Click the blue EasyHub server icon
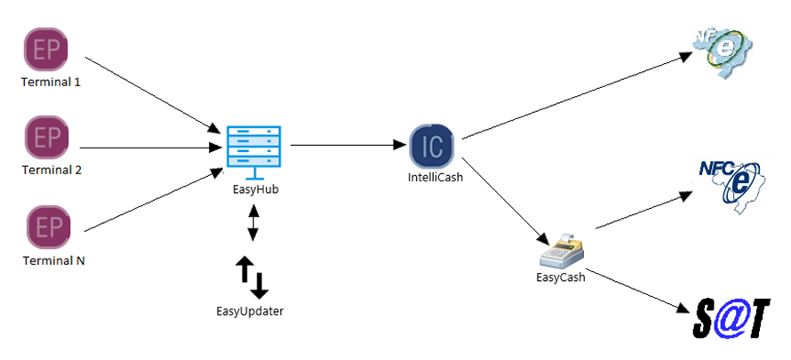252,146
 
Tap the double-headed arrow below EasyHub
253,223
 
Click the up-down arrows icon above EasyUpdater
252,276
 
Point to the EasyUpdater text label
252,311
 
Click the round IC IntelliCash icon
432,145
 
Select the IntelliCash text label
433,178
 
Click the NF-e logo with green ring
724,46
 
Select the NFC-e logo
730,182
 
